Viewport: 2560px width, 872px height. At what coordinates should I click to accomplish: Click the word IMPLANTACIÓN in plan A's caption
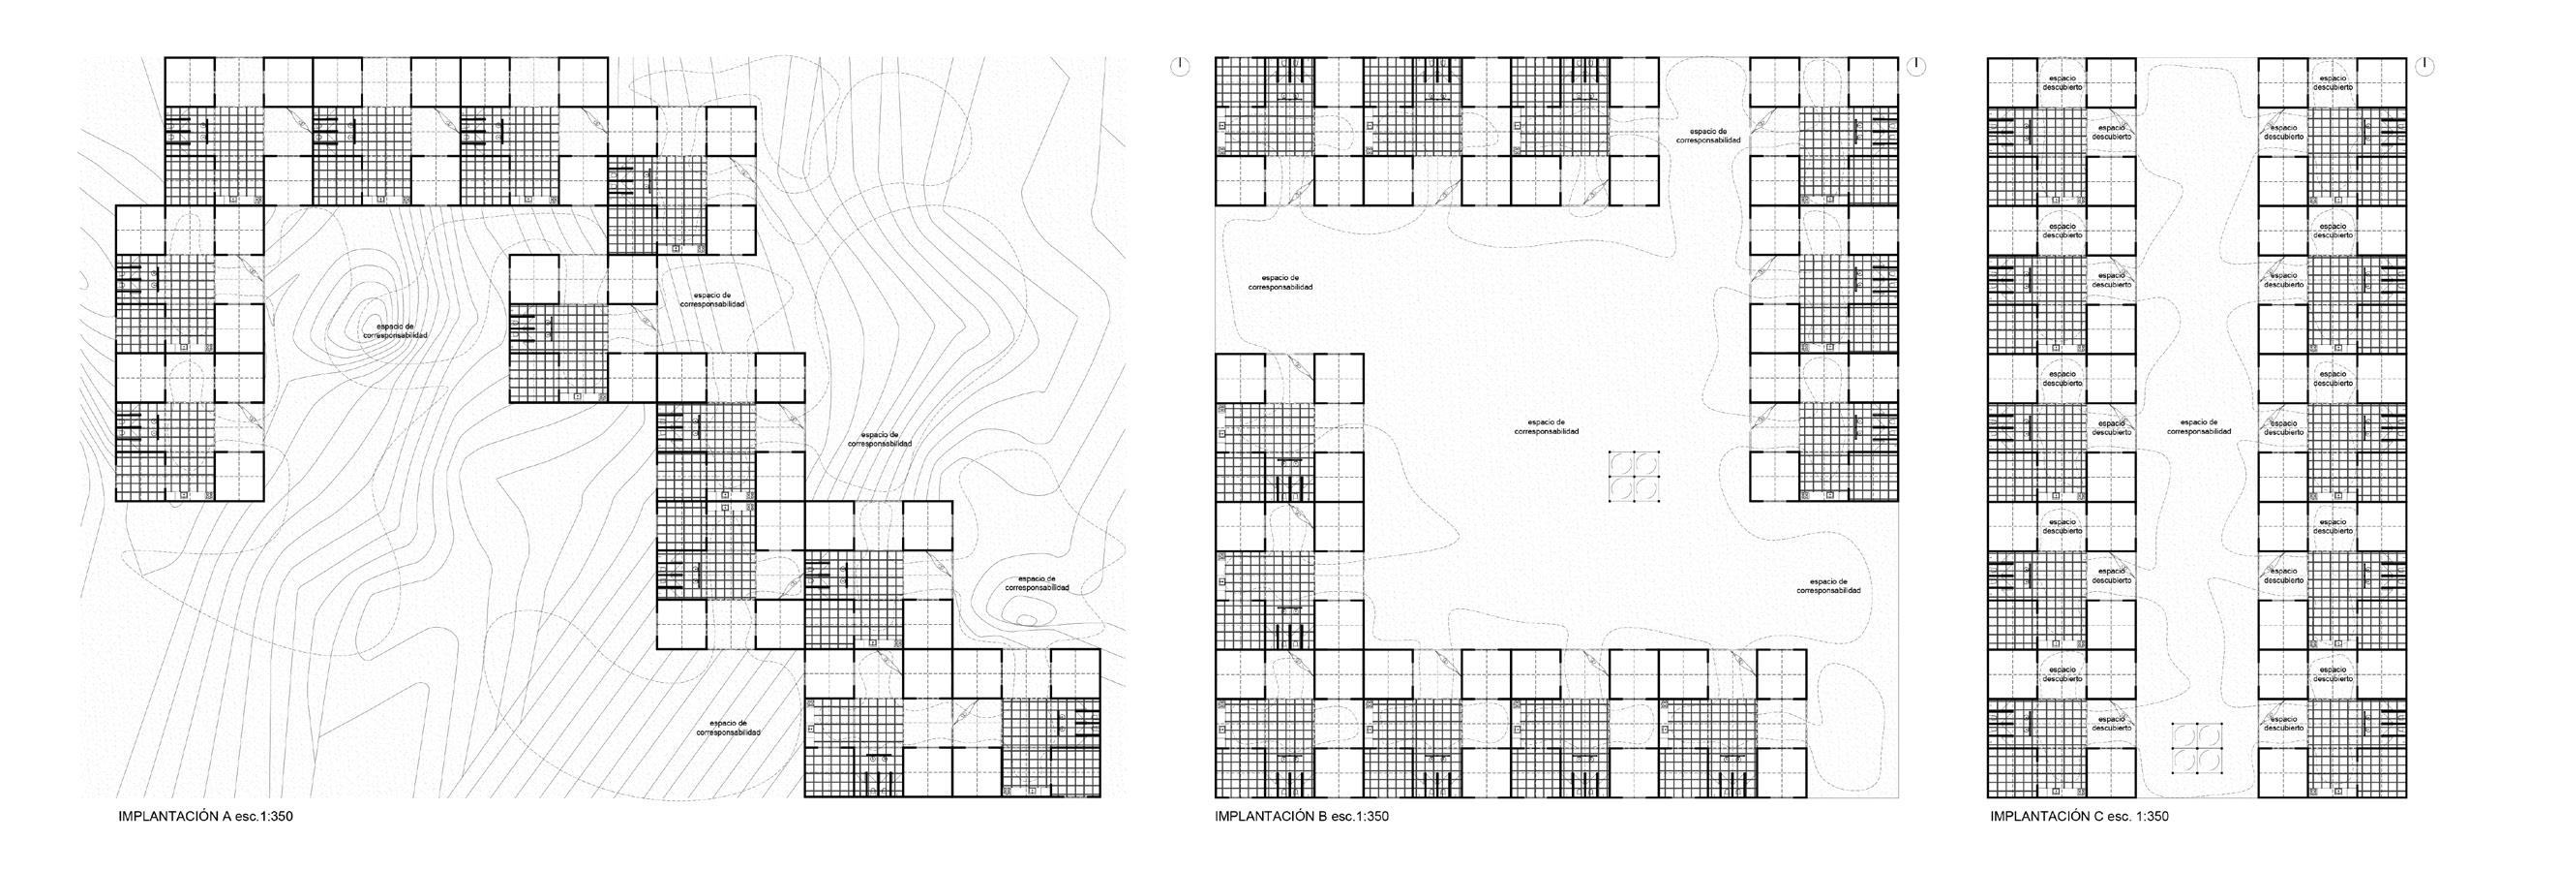[x=162, y=817]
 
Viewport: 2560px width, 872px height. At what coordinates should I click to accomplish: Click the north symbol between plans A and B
[x=1179, y=66]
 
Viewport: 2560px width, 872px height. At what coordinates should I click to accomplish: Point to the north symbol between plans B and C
[x=1917, y=66]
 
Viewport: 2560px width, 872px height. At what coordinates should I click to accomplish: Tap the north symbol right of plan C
[x=2425, y=66]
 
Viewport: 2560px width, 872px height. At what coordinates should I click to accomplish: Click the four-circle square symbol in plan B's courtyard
[x=1635, y=477]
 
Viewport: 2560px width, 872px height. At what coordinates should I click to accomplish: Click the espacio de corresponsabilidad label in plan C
[x=2198, y=426]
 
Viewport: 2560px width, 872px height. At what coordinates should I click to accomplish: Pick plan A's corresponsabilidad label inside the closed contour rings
[x=396, y=331]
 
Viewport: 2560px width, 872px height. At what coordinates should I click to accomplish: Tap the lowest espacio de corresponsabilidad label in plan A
[x=729, y=727]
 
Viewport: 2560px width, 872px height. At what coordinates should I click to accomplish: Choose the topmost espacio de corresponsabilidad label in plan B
[x=1708, y=137]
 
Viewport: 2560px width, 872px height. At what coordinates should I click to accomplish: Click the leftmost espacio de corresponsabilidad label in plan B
[x=1280, y=282]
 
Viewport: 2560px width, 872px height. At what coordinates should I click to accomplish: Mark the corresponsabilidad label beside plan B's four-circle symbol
[x=1547, y=426]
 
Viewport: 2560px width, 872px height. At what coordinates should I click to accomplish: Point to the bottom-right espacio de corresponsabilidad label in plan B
[x=1828, y=585]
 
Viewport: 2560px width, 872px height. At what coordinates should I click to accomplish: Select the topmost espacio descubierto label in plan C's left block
[x=2063, y=82]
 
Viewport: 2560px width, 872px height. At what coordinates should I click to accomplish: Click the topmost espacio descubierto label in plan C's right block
[x=2334, y=82]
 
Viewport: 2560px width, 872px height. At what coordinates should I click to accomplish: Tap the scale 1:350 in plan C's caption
[x=2150, y=817]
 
